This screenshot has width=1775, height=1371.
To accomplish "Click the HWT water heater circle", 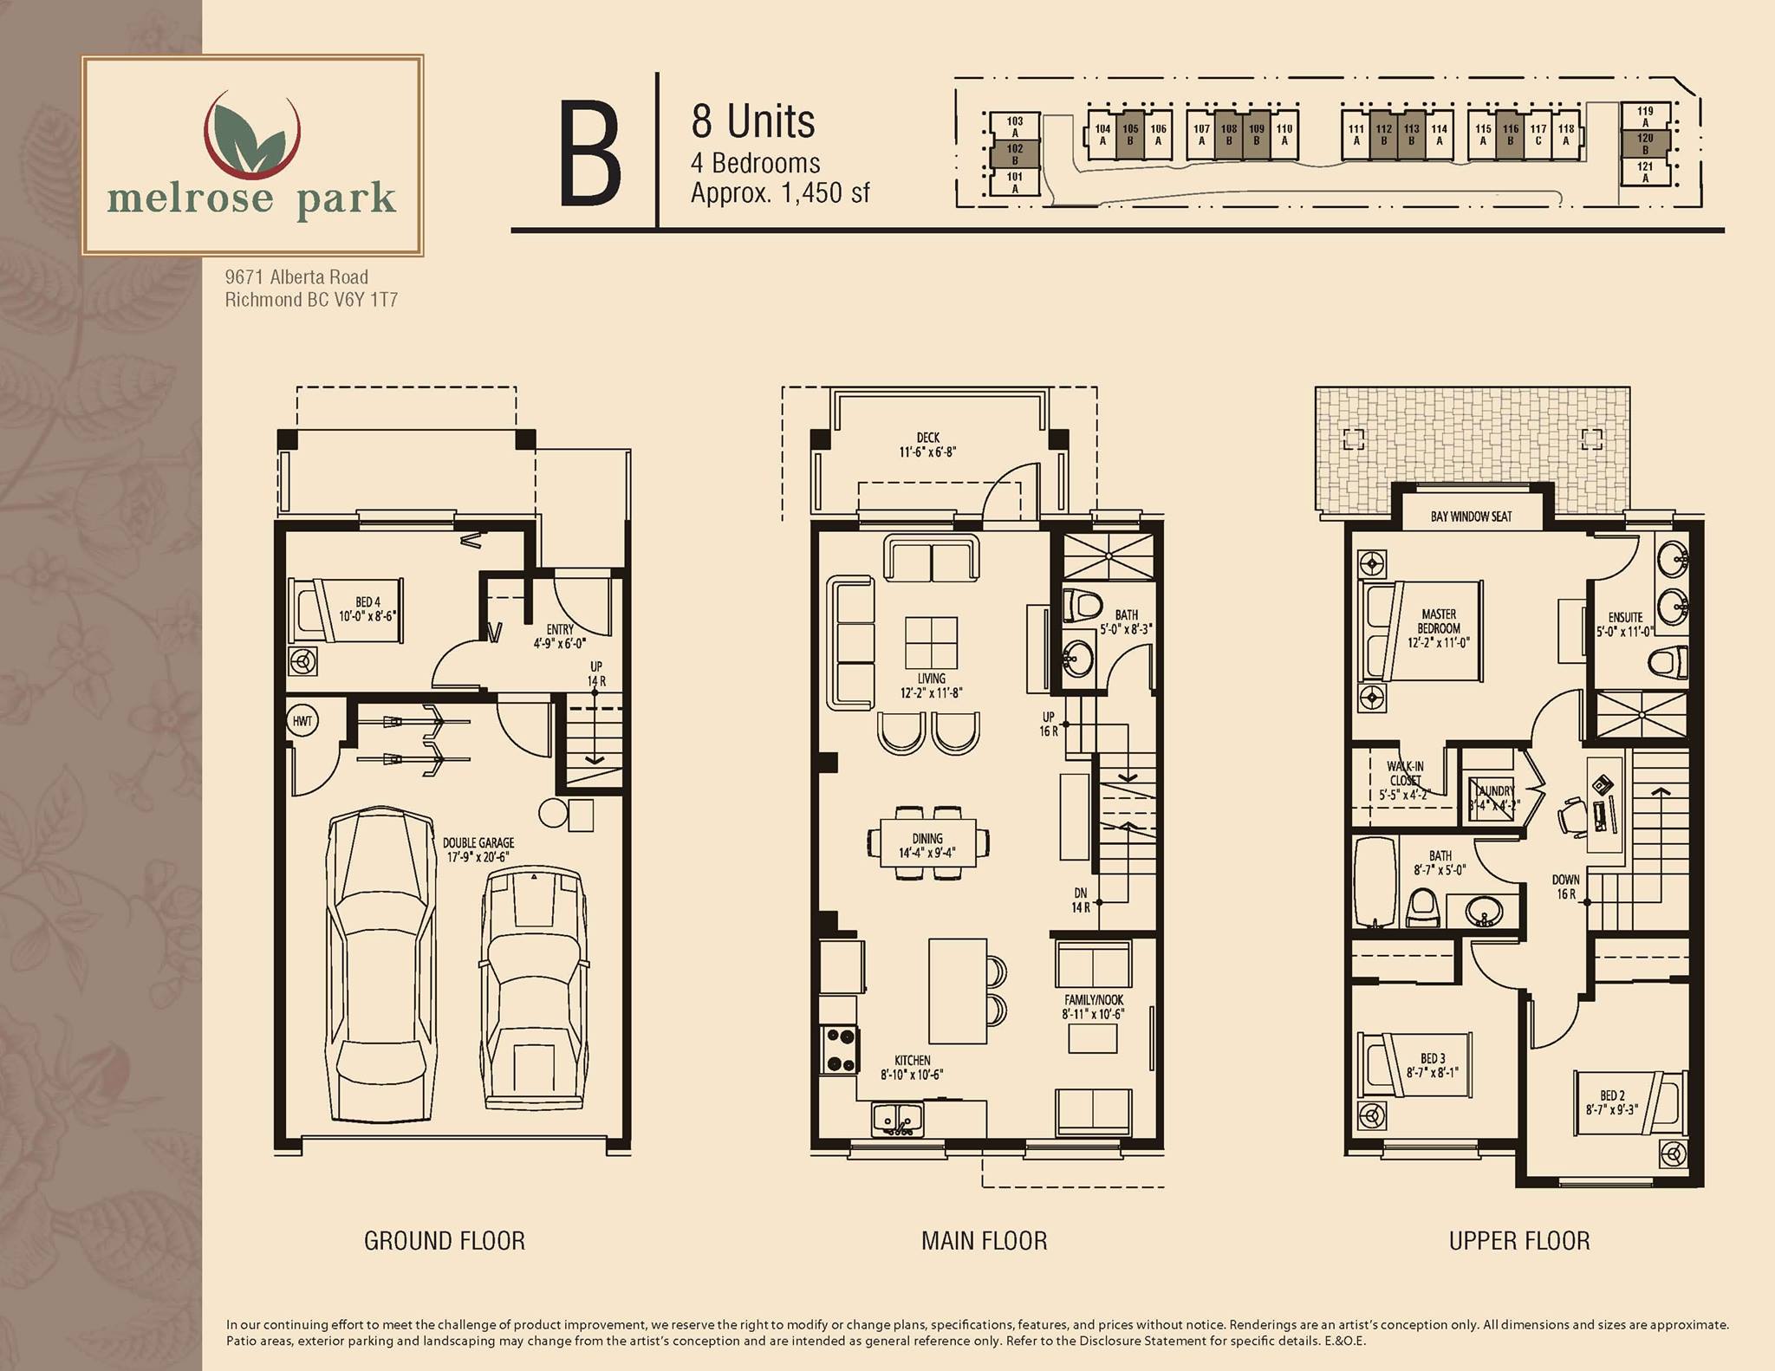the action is pos(302,720).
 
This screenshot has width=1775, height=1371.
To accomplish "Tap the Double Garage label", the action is pos(478,849).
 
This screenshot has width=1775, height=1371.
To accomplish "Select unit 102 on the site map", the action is pos(1015,154).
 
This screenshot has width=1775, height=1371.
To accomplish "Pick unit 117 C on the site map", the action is pos(1538,135).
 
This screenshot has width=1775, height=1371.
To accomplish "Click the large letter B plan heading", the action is pos(590,153).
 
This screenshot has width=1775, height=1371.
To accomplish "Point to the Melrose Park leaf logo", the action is pos(251,133).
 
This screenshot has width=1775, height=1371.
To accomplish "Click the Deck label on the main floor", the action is pos(927,445).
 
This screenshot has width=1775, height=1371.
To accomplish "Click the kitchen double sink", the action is pos(898,1118).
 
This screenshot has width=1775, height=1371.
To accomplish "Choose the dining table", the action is pos(927,842).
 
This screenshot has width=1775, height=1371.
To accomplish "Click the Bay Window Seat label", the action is pos(1471,517).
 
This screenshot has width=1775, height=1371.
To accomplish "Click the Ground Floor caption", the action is pos(445,1241).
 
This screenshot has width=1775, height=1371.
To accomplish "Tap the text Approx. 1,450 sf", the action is pos(780,193).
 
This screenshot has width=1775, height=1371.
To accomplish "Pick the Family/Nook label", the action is pos(1094,1006).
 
